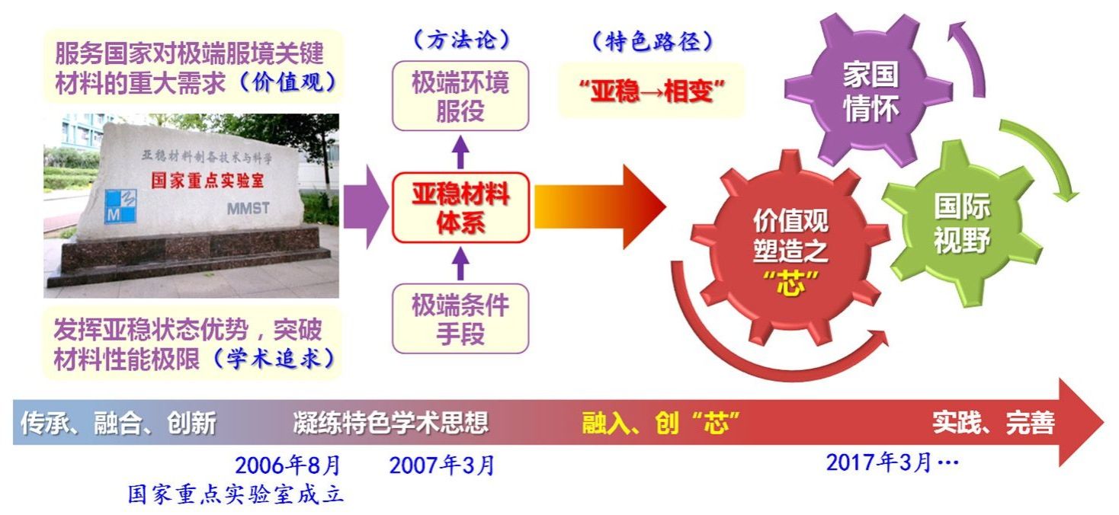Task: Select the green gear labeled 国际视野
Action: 962,223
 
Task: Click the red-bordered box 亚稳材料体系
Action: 460,208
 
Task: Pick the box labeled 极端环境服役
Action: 460,96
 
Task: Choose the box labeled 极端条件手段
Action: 460,318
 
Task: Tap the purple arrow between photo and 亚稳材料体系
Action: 366,206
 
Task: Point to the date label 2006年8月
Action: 287,465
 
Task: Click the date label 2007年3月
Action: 442,465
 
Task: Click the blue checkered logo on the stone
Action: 120,206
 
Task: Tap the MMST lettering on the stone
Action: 248,208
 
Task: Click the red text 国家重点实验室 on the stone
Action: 208,181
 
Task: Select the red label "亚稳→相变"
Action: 652,91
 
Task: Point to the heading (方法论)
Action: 461,40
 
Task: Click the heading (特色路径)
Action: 652,42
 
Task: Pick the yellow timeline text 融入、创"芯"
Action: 660,423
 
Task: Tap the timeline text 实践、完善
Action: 994,423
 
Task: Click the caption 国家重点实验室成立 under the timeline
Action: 236,494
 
